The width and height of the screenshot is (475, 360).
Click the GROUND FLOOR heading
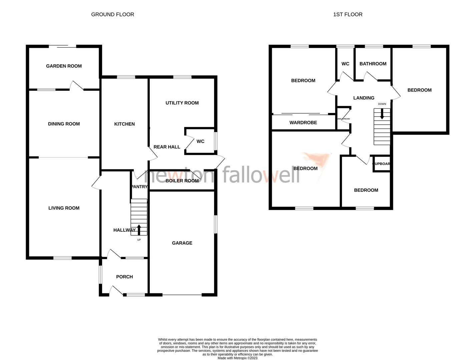point(112,14)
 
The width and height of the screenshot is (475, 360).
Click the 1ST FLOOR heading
point(348,14)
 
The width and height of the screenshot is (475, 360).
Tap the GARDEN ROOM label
point(64,66)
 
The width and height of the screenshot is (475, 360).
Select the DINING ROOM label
point(64,124)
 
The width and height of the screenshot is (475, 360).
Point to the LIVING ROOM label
point(64,208)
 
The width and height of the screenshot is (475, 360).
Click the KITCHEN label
point(124,124)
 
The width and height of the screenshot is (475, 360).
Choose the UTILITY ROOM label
point(182,103)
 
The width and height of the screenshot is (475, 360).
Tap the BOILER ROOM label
point(182,181)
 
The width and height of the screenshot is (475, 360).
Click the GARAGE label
point(182,243)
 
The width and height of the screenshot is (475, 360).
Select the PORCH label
point(124,277)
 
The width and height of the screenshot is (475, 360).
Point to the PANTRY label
point(139,187)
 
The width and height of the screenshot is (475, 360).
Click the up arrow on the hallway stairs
point(139,230)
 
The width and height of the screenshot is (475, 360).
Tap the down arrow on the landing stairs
point(382,115)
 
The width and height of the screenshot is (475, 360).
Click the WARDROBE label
point(303,123)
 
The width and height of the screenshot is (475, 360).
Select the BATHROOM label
point(373,64)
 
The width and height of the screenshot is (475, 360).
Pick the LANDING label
point(364,98)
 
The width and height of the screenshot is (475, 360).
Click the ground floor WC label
point(200,141)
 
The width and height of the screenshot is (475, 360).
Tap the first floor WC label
point(345,64)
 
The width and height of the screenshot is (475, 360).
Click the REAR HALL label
point(167,147)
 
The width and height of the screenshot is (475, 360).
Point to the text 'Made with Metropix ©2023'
point(238,358)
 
